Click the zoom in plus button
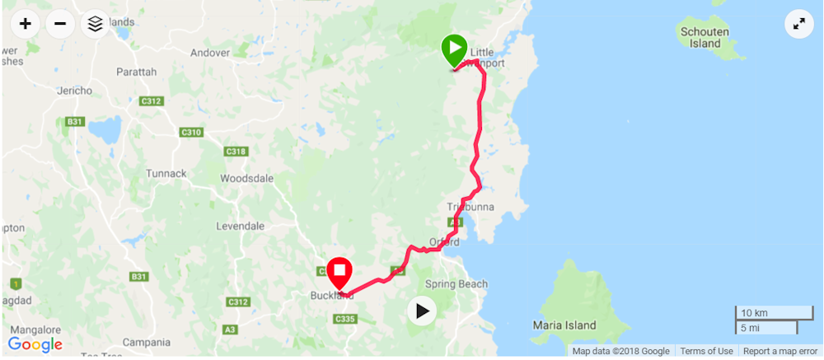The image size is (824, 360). point(26,23)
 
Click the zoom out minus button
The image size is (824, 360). point(60,23)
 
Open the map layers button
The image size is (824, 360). point(95,23)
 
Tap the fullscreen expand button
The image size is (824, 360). point(798,24)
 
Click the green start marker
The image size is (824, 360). point(453,49)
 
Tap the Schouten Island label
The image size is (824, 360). point(705,36)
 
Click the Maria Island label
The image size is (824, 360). point(564,325)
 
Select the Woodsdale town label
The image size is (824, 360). point(247,178)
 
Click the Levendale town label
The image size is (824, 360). point(240,226)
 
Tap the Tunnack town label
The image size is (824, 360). point(166,173)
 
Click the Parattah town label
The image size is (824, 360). point(136,72)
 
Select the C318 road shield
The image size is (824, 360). point(236,151)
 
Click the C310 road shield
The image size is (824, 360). point(191,132)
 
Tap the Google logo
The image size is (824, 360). point(35,344)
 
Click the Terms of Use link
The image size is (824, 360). point(706,352)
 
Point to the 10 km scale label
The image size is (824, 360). point(754,313)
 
